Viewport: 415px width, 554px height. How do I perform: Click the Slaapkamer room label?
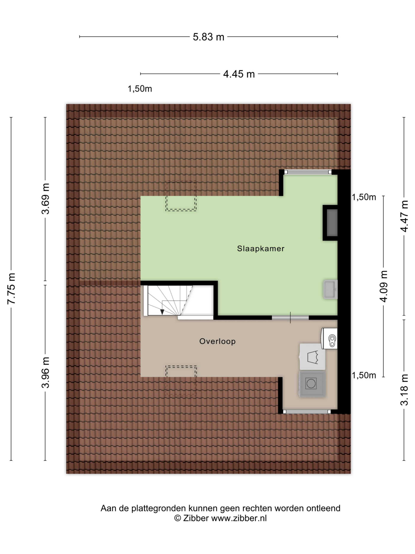point(260,249)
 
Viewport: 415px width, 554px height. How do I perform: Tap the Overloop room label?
point(217,341)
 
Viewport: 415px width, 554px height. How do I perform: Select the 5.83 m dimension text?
point(208,37)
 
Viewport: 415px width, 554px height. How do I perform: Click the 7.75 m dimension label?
point(12,288)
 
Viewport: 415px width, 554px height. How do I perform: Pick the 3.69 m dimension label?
point(46,199)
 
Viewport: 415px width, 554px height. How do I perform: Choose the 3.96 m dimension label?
point(46,372)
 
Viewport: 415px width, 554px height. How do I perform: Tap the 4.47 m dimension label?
point(404,216)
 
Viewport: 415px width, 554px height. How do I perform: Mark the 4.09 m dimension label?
point(383,286)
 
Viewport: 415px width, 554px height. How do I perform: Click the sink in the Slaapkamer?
point(330,290)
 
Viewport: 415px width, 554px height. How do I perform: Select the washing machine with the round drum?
point(312,384)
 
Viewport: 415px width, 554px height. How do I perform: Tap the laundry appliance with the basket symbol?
point(312,357)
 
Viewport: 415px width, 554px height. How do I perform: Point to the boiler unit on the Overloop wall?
point(329,339)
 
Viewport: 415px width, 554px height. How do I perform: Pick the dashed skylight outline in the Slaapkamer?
point(181,196)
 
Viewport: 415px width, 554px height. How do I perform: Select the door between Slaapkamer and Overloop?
point(290,317)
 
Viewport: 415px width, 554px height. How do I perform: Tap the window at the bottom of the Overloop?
point(307,411)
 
